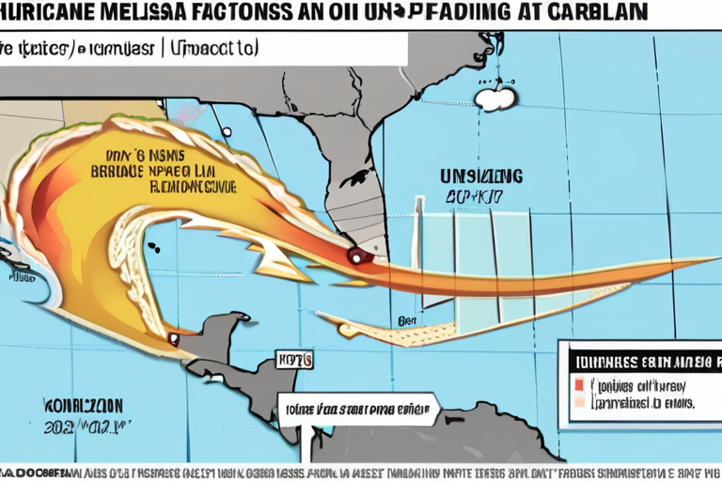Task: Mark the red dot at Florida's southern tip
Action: [x=354, y=253]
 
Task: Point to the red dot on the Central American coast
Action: [x=172, y=337]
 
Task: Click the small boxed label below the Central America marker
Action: [x=287, y=359]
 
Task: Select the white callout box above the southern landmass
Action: [x=358, y=409]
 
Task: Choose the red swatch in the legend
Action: [x=578, y=384]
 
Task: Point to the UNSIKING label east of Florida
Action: [x=481, y=176]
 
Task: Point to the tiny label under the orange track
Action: [x=406, y=320]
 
